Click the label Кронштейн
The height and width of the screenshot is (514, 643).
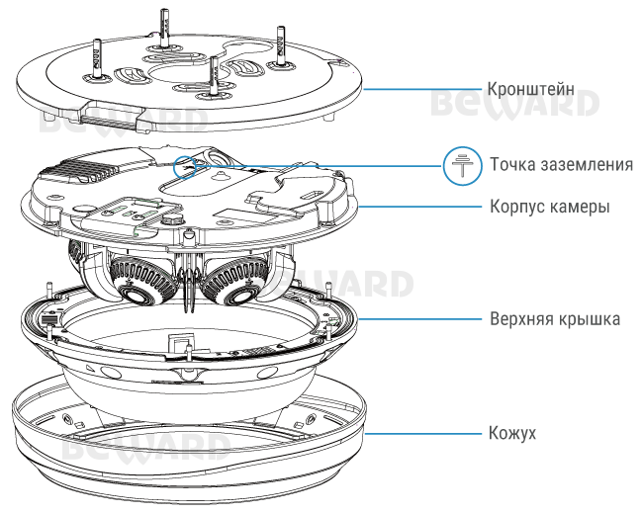click(532, 87)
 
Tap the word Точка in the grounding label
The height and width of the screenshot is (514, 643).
click(511, 164)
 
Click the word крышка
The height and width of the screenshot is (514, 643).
click(592, 319)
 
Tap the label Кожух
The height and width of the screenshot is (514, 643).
click(513, 433)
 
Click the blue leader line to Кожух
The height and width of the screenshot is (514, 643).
click(425, 433)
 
